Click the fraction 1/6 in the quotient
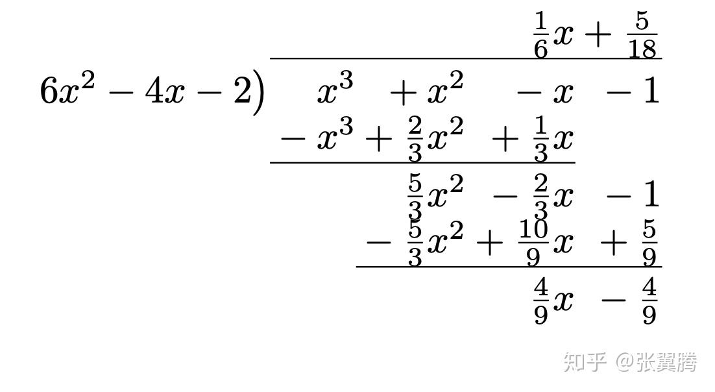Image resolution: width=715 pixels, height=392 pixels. pos(540,36)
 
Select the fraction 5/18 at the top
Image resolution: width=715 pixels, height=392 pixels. pos(642,36)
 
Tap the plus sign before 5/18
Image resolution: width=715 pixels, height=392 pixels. pos(597,36)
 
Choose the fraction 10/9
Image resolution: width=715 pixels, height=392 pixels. pos(533,243)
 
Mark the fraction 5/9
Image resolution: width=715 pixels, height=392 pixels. pos(649,243)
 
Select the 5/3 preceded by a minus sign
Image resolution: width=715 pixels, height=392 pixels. pos(415,243)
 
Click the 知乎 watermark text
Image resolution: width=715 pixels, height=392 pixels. pos(585,361)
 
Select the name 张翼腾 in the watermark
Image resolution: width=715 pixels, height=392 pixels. pos(666,361)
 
